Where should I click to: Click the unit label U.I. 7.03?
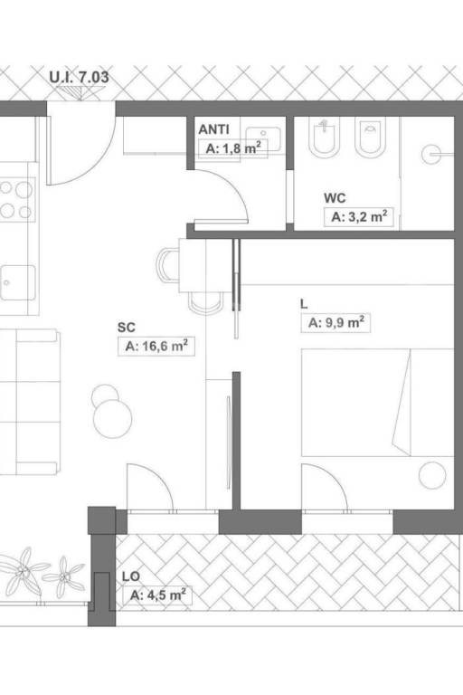(79, 77)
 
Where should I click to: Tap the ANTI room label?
(214, 129)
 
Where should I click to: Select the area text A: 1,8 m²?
(233, 148)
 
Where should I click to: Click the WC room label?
(335, 197)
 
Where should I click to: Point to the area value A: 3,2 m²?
(359, 217)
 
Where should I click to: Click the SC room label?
(127, 328)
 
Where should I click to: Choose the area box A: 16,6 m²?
(156, 346)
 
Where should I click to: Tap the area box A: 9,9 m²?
(335, 323)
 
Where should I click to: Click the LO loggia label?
(131, 576)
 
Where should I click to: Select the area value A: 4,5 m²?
(157, 595)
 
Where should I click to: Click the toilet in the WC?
(324, 138)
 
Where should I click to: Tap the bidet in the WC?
(372, 138)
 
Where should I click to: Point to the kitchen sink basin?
(18, 282)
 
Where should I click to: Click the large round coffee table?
(112, 419)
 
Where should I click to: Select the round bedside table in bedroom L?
(432, 475)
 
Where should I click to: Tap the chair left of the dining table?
(168, 265)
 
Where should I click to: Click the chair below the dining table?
(206, 303)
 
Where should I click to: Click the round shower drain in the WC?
(430, 155)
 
